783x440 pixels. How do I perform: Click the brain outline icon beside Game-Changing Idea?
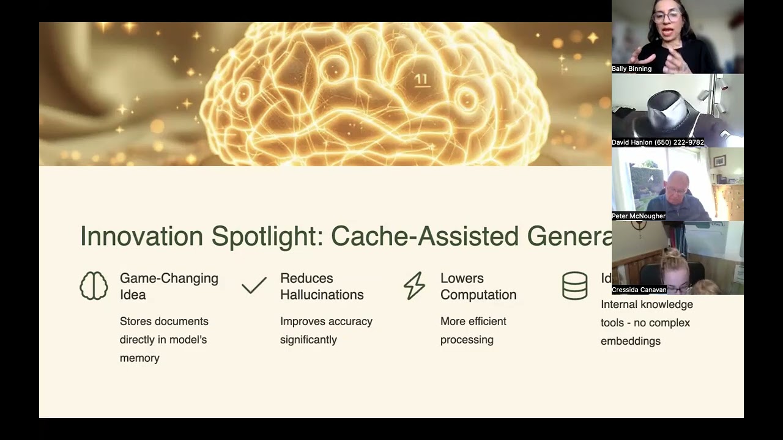coord(94,286)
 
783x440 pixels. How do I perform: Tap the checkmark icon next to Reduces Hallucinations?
coord(254,285)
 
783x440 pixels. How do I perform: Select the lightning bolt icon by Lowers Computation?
coord(414,286)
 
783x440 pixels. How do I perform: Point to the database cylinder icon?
coord(574,286)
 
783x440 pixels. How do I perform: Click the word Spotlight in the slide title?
coord(267,237)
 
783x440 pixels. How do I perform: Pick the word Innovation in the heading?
coord(141,237)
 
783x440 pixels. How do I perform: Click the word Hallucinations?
coord(322,295)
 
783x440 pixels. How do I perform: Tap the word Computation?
coord(478,295)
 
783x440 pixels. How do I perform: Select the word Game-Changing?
coord(169,278)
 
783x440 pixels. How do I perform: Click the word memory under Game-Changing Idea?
coord(139,358)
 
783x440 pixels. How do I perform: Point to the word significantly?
coord(308,340)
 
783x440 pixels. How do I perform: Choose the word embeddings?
coord(631,341)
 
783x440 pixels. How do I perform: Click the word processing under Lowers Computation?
coord(467,340)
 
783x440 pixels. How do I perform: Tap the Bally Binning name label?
coord(632,69)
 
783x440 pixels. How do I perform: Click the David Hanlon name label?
coord(658,142)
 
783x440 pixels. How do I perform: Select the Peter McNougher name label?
coord(639,216)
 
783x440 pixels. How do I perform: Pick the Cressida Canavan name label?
coord(639,290)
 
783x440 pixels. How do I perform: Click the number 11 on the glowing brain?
coord(421,79)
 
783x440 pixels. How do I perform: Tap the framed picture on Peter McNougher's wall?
coord(719,161)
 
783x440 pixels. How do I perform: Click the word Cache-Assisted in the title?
coord(425,237)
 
